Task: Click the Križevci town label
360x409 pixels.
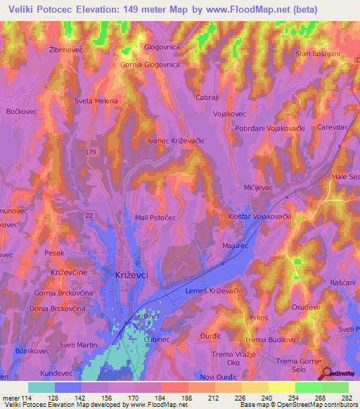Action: pyautogui.click(x=131, y=276)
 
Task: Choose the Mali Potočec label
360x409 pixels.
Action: pyautogui.click(x=155, y=219)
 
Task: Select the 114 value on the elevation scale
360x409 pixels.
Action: pyautogui.click(x=21, y=398)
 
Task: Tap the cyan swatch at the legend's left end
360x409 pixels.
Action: pyautogui.click(x=41, y=387)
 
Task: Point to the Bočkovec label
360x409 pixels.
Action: pyautogui.click(x=21, y=112)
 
